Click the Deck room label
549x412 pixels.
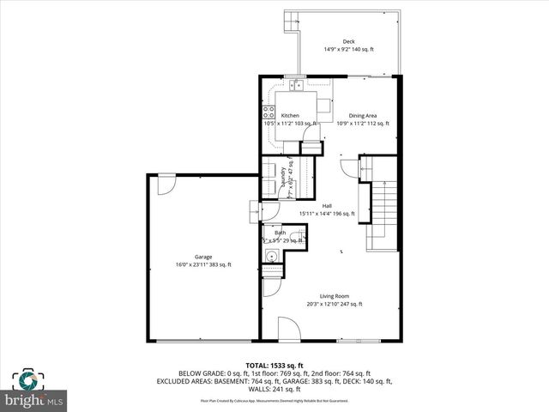click(348, 41)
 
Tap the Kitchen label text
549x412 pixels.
click(290, 115)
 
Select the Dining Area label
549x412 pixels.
click(363, 115)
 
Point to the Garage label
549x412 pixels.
click(203, 257)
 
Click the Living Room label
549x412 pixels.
click(335, 296)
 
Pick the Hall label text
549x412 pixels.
click(327, 205)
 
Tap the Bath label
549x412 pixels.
click(281, 233)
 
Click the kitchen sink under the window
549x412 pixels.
click(296, 85)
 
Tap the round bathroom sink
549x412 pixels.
click(272, 255)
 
